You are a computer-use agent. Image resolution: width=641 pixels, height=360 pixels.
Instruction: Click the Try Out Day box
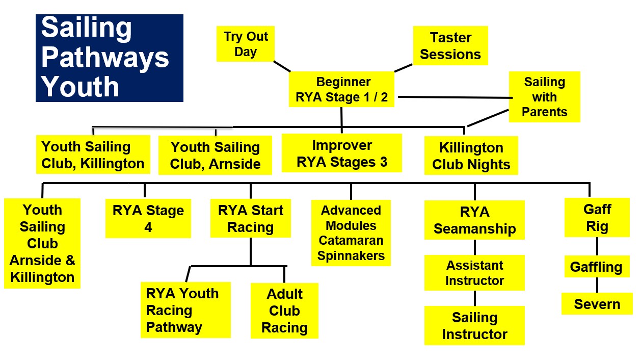click(245, 44)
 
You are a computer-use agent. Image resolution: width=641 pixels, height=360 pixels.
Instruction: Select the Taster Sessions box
click(450, 45)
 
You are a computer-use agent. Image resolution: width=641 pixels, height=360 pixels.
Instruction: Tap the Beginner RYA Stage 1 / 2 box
click(341, 89)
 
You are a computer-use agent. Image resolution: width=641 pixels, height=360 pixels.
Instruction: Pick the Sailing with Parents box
click(545, 97)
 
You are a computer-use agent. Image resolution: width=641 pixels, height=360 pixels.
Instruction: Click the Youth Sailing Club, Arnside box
click(215, 155)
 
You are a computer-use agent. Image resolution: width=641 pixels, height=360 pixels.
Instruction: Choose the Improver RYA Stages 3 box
click(342, 153)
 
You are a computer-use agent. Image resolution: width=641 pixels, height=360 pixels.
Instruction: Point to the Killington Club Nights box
click(471, 156)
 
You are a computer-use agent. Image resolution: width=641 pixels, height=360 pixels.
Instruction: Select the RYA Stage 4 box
click(148, 219)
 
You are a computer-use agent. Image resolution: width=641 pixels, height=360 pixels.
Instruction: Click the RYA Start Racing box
click(251, 218)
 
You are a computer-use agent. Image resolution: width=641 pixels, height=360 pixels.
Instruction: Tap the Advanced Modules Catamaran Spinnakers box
click(351, 233)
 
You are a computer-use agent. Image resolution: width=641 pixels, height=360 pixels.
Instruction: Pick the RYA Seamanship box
click(474, 220)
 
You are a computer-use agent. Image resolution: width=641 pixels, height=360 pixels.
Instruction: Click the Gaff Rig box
click(597, 217)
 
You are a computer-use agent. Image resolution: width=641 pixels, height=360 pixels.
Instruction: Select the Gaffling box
click(597, 266)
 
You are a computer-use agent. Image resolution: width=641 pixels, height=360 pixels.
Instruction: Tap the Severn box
click(597, 303)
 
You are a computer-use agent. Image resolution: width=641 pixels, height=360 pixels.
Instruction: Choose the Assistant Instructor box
click(474, 273)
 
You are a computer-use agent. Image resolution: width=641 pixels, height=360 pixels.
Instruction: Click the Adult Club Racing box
click(284, 311)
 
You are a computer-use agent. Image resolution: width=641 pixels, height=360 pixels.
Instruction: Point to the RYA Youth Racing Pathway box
click(185, 310)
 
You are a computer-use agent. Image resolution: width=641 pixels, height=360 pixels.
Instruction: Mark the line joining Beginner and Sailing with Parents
click(456, 97)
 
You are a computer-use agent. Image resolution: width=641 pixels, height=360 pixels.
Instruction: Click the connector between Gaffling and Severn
click(597, 285)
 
